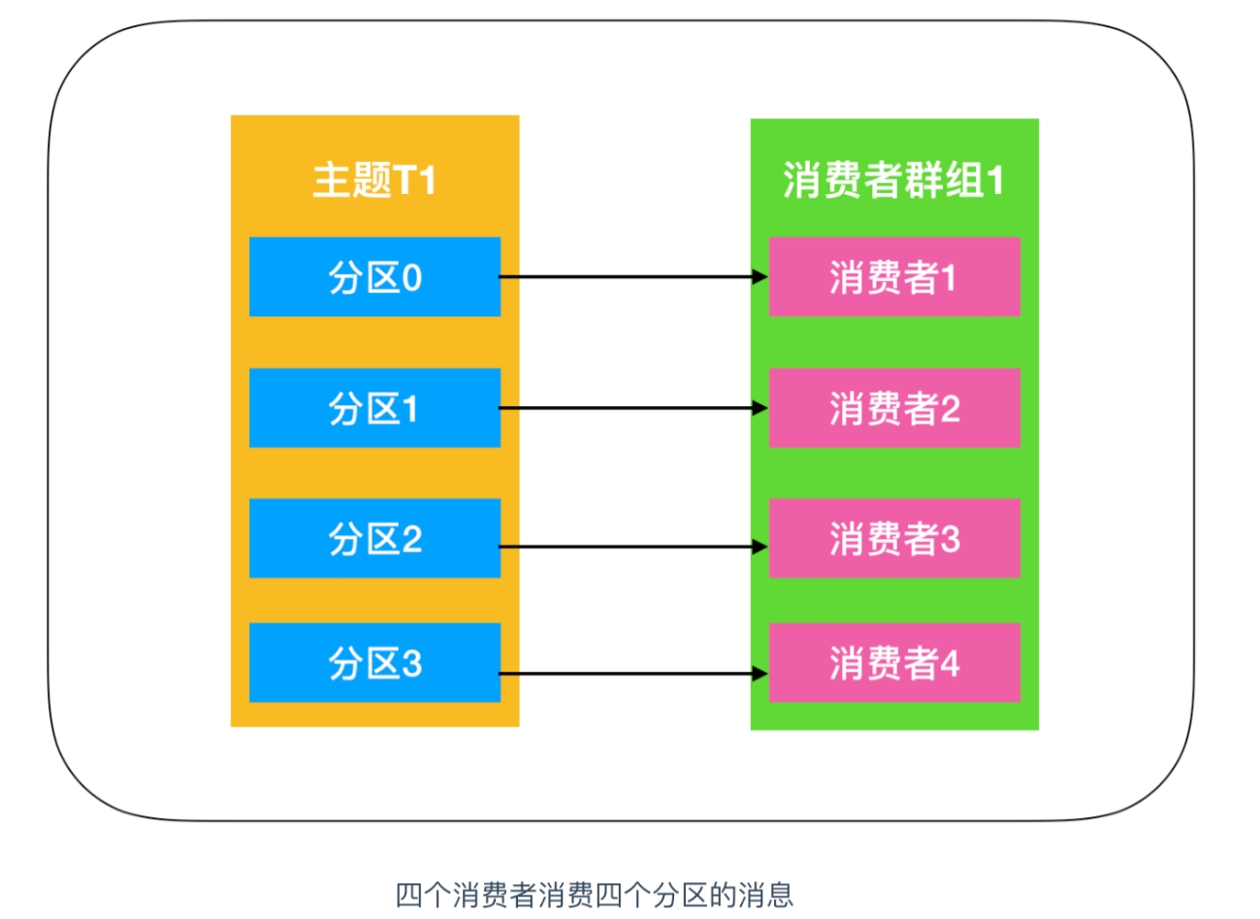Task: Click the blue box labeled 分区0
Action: tap(374, 276)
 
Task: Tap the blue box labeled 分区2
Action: tap(374, 538)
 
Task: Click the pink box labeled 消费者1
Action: tap(894, 276)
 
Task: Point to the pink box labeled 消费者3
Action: tap(894, 538)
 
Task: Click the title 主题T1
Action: tap(374, 180)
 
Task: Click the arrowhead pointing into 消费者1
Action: tap(760, 276)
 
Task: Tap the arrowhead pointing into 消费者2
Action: tap(760, 408)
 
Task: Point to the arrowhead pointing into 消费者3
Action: tap(760, 547)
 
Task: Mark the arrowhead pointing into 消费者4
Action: tap(760, 674)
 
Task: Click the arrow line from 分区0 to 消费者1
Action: tap(634, 276)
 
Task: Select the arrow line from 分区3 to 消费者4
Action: tap(634, 674)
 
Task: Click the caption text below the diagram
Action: tap(595, 896)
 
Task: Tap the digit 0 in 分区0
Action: tap(412, 277)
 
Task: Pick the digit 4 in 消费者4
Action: tap(950, 663)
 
